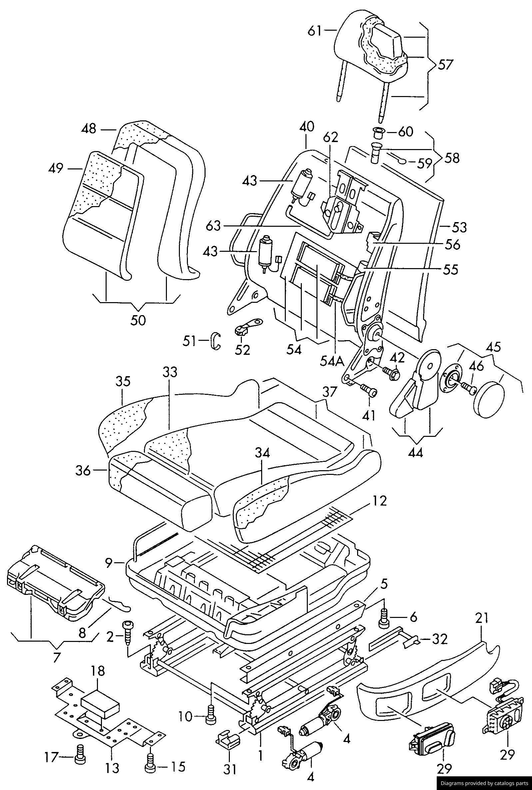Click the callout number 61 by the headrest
pyautogui.click(x=314, y=31)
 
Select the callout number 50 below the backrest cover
pyautogui.click(x=138, y=320)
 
